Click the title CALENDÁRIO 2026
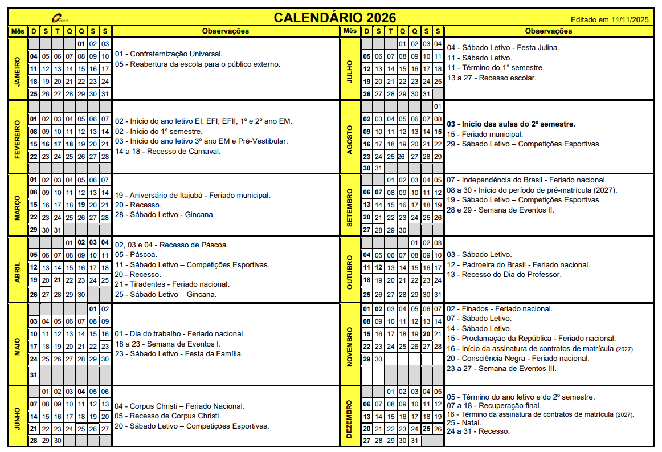pyautogui.click(x=334, y=18)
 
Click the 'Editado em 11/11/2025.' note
pyautogui.click(x=611, y=19)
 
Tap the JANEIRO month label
pyautogui.click(x=18, y=69)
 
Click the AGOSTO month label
pyautogui.click(x=349, y=137)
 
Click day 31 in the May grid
pyautogui.click(x=34, y=375)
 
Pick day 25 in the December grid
pyautogui.click(x=426, y=429)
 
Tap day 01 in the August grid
pyautogui.click(x=438, y=107)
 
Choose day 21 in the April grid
pyautogui.click(x=58, y=280)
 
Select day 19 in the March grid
pyautogui.click(x=81, y=205)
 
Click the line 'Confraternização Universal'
pyautogui.click(x=168, y=54)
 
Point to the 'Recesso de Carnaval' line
pyautogui.click(x=167, y=152)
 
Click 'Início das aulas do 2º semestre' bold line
pyautogui.click(x=511, y=124)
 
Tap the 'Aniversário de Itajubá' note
pyautogui.click(x=192, y=195)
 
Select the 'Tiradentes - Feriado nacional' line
pyautogui.click(x=171, y=284)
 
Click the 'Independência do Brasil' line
pyautogui.click(x=526, y=180)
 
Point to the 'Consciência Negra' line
pyautogui.click(x=517, y=358)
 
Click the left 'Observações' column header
pyautogui.click(x=226, y=31)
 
